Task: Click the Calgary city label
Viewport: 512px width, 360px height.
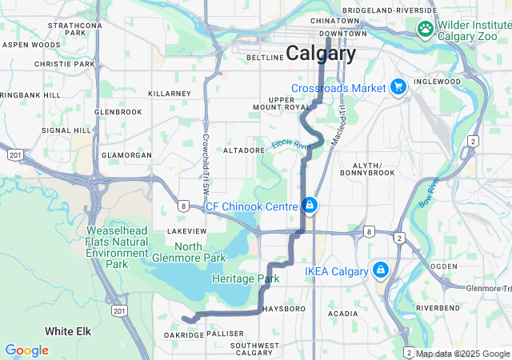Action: (321, 54)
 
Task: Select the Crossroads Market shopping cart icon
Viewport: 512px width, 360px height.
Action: (398, 87)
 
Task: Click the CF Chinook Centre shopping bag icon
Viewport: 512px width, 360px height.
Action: (310, 206)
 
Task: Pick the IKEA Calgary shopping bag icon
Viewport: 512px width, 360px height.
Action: (380, 270)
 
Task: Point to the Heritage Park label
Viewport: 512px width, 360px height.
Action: (246, 279)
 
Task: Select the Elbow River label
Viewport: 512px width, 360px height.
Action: (290, 145)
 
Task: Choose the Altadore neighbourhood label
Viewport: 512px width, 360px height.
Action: (238, 150)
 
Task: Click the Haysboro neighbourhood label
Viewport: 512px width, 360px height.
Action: (284, 308)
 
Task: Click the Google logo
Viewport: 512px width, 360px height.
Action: (26, 350)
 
